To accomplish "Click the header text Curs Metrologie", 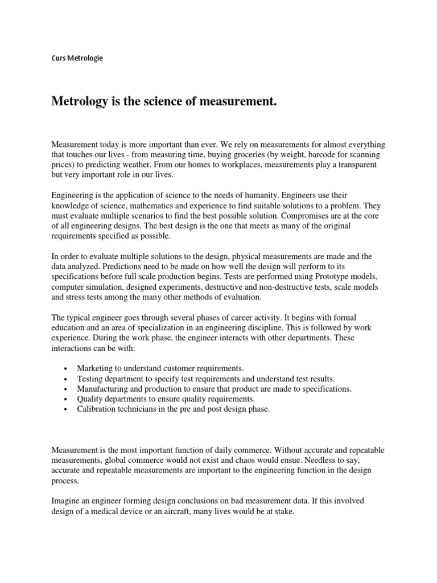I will [x=77, y=58].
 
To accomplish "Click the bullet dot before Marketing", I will [x=67, y=369].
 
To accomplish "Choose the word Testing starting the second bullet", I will [x=92, y=379].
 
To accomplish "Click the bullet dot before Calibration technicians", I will [x=67, y=409].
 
